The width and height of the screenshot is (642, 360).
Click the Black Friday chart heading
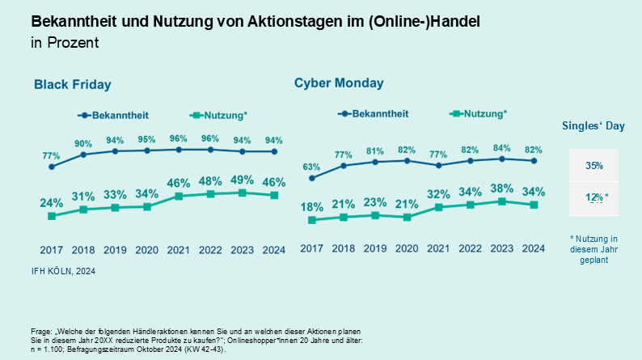click(x=72, y=84)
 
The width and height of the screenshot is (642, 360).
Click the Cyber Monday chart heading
click(x=339, y=83)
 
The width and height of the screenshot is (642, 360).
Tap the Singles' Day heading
click(x=593, y=125)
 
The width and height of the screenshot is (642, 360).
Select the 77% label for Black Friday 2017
click(x=52, y=155)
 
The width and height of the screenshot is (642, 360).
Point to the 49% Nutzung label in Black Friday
click(x=243, y=179)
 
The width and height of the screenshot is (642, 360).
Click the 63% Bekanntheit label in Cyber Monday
click(x=311, y=167)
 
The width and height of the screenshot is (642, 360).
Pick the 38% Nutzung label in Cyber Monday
click(x=501, y=188)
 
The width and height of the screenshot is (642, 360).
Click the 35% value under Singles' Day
click(x=593, y=166)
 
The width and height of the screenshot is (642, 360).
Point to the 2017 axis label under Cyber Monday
click(x=311, y=248)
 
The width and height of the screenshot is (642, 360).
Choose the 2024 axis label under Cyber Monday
click(x=533, y=248)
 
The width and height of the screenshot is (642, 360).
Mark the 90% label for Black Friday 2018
click(x=83, y=143)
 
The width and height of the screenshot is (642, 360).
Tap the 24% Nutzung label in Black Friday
click(x=52, y=203)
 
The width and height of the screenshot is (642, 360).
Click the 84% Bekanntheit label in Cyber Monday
click(x=501, y=147)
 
